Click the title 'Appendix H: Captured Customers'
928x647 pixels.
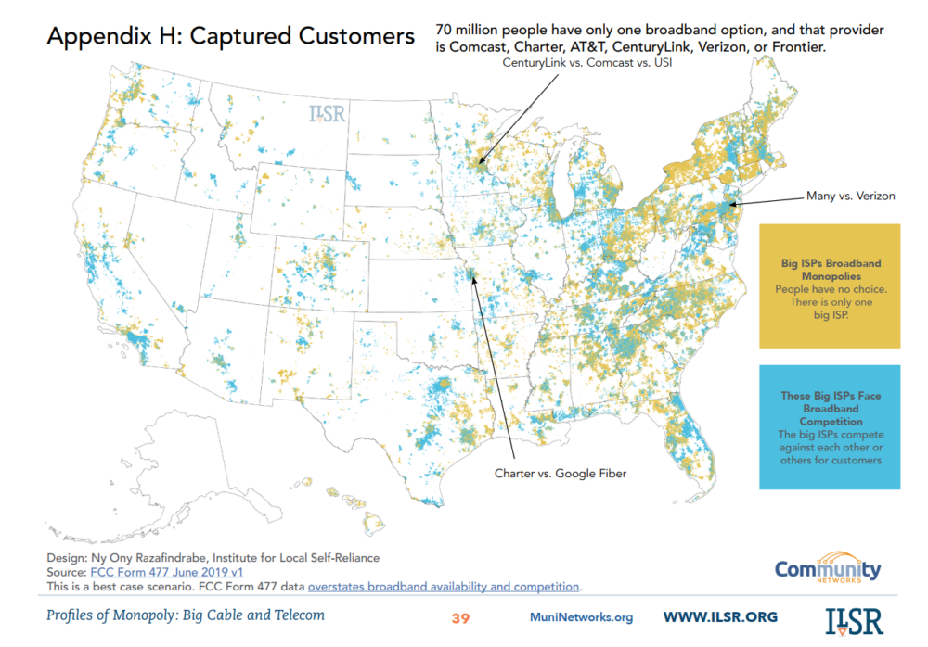click(x=230, y=37)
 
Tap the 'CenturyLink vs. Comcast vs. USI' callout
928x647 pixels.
click(x=586, y=63)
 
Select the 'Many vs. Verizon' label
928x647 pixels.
click(x=850, y=197)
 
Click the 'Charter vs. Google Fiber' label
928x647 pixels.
click(x=560, y=473)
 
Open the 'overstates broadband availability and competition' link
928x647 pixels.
click(x=444, y=587)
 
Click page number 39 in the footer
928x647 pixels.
click(x=461, y=617)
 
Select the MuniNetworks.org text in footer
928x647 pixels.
click(x=581, y=617)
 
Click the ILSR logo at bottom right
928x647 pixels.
click(x=854, y=618)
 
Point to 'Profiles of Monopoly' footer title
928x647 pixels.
click(x=186, y=615)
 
